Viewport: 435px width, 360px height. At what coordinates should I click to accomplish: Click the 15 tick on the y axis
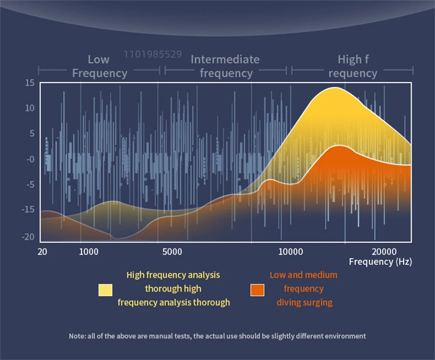30,83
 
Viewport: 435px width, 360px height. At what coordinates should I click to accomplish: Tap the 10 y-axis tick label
30,108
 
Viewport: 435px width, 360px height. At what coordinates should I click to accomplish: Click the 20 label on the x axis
42,252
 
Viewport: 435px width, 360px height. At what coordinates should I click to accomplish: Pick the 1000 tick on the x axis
89,252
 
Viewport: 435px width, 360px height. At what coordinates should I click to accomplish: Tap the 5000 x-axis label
173,252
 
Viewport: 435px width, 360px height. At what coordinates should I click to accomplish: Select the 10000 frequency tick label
290,252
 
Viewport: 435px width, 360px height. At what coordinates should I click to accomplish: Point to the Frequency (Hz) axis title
380,262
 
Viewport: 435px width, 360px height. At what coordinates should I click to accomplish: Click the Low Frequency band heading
99,66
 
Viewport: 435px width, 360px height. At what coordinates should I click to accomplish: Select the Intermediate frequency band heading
225,66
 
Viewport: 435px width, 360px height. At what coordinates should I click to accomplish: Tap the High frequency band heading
352,66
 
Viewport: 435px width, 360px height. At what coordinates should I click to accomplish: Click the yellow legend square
105,290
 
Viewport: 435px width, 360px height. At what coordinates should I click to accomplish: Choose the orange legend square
257,290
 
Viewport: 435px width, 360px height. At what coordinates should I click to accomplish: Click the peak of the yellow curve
335,88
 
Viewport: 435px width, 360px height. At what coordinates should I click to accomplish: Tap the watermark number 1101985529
153,54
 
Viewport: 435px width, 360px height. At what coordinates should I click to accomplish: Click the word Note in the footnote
77,336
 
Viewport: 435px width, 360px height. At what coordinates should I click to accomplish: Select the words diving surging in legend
304,302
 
